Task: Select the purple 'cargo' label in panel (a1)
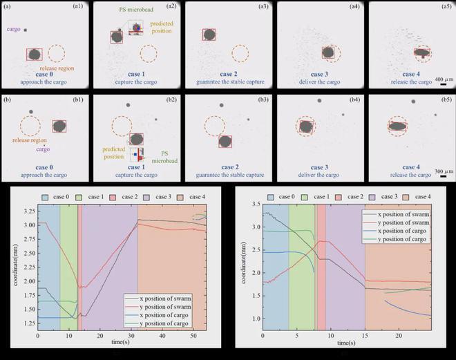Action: [13, 30]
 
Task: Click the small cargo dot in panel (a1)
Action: [26, 30]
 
